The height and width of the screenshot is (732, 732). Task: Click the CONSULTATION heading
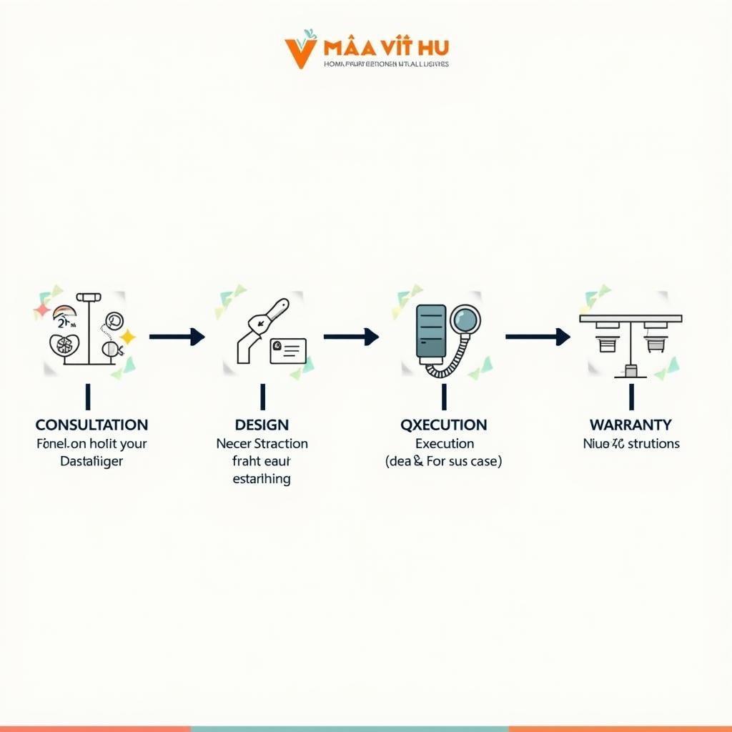[91, 425]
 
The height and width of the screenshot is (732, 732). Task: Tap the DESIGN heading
[262, 425]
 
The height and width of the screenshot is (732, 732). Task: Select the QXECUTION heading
[444, 425]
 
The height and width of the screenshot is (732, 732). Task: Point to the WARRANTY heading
[631, 425]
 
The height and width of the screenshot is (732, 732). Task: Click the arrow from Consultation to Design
[177, 337]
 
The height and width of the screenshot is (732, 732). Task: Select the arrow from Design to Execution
[351, 337]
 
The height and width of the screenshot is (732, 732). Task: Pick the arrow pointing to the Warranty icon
[538, 337]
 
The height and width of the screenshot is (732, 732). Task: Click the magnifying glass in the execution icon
[466, 320]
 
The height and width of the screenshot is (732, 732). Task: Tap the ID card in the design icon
[288, 350]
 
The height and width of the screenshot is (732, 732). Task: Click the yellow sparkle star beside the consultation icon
[128, 336]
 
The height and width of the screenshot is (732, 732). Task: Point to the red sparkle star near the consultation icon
[42, 310]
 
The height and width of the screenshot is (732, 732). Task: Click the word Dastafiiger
[91, 462]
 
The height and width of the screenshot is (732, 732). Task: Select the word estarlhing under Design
[262, 479]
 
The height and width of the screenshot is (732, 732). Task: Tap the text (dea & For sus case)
[444, 462]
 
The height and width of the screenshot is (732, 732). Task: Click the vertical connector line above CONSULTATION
[88, 396]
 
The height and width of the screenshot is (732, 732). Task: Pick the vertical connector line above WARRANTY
[631, 396]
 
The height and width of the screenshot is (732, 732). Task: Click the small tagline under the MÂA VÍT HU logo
[386, 64]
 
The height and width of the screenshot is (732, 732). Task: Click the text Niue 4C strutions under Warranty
[631, 444]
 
